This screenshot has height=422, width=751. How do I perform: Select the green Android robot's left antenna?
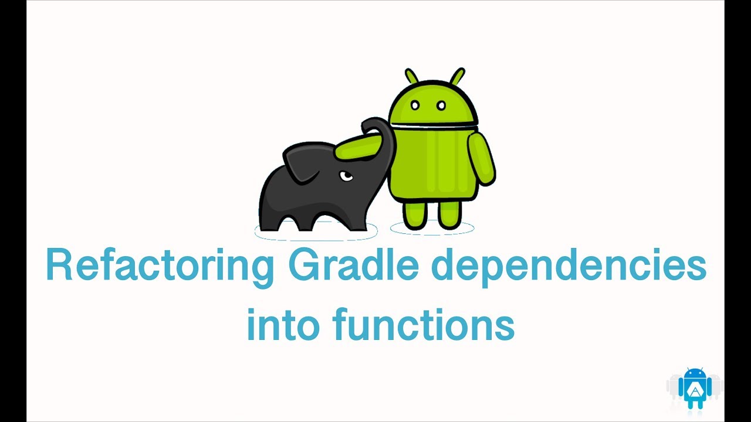tap(411, 77)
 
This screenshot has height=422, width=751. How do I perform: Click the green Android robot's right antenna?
tap(457, 77)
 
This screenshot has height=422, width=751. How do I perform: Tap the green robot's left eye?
tap(415, 106)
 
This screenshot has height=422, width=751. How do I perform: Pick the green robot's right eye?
tap(442, 106)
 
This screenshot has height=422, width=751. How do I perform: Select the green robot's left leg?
tap(414, 214)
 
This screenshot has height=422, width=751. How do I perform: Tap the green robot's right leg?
tap(449, 214)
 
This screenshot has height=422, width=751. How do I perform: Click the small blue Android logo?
tap(695, 387)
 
